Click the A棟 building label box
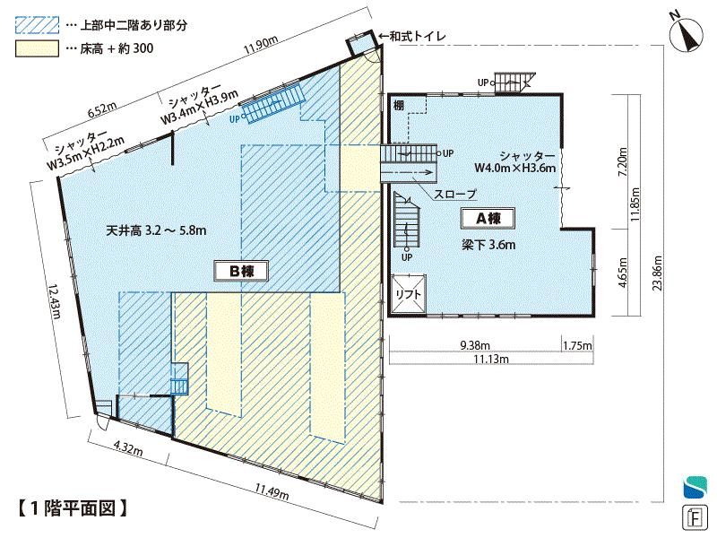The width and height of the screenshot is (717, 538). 488,219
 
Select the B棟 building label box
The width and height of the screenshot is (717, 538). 241,272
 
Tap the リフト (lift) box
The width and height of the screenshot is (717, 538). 409,294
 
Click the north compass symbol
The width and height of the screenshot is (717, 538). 686,36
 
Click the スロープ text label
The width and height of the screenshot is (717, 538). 454,194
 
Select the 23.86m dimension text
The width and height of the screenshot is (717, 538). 658,273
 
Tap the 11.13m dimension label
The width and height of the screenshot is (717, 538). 491,360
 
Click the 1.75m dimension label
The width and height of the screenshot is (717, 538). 577,345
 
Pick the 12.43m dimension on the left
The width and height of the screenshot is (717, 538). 55,301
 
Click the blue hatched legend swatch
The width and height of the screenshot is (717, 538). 37,25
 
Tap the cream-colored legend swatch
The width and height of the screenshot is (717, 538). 37,49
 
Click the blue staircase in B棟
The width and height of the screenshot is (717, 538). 273,103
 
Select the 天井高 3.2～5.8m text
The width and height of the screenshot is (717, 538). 156,230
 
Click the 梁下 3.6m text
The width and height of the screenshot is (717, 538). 488,245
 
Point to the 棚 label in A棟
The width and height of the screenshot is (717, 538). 399,106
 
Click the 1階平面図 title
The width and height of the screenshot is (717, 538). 73,508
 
